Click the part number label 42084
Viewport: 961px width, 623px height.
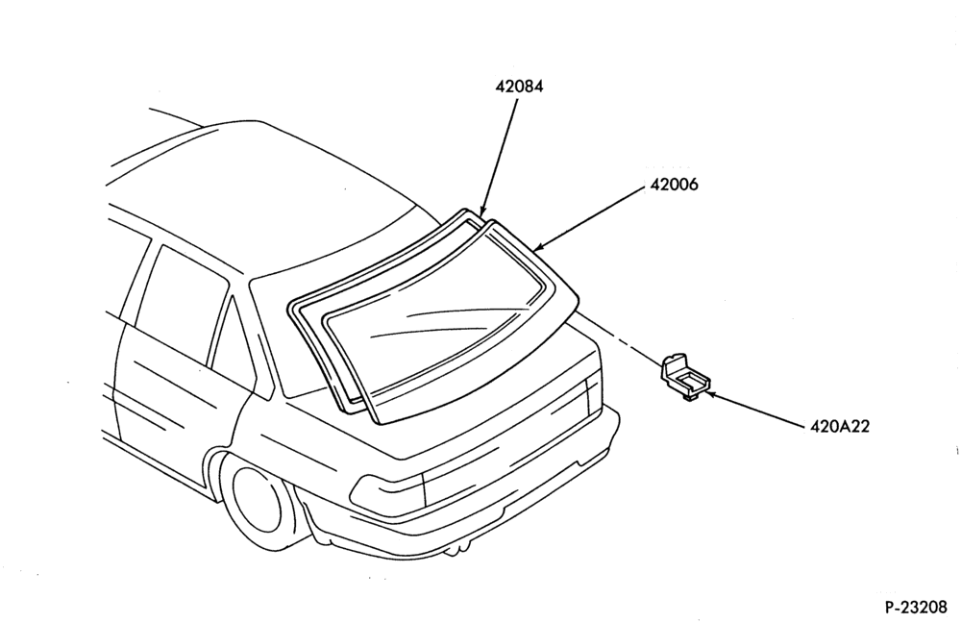point(519,87)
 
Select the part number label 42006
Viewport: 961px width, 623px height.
point(674,185)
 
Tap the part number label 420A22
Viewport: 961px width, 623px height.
point(839,426)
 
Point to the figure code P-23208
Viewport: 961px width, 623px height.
point(916,607)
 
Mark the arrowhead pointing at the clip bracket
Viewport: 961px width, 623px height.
point(710,393)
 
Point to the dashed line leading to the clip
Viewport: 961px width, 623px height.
point(620,338)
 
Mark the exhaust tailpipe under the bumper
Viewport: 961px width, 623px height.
point(454,550)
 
